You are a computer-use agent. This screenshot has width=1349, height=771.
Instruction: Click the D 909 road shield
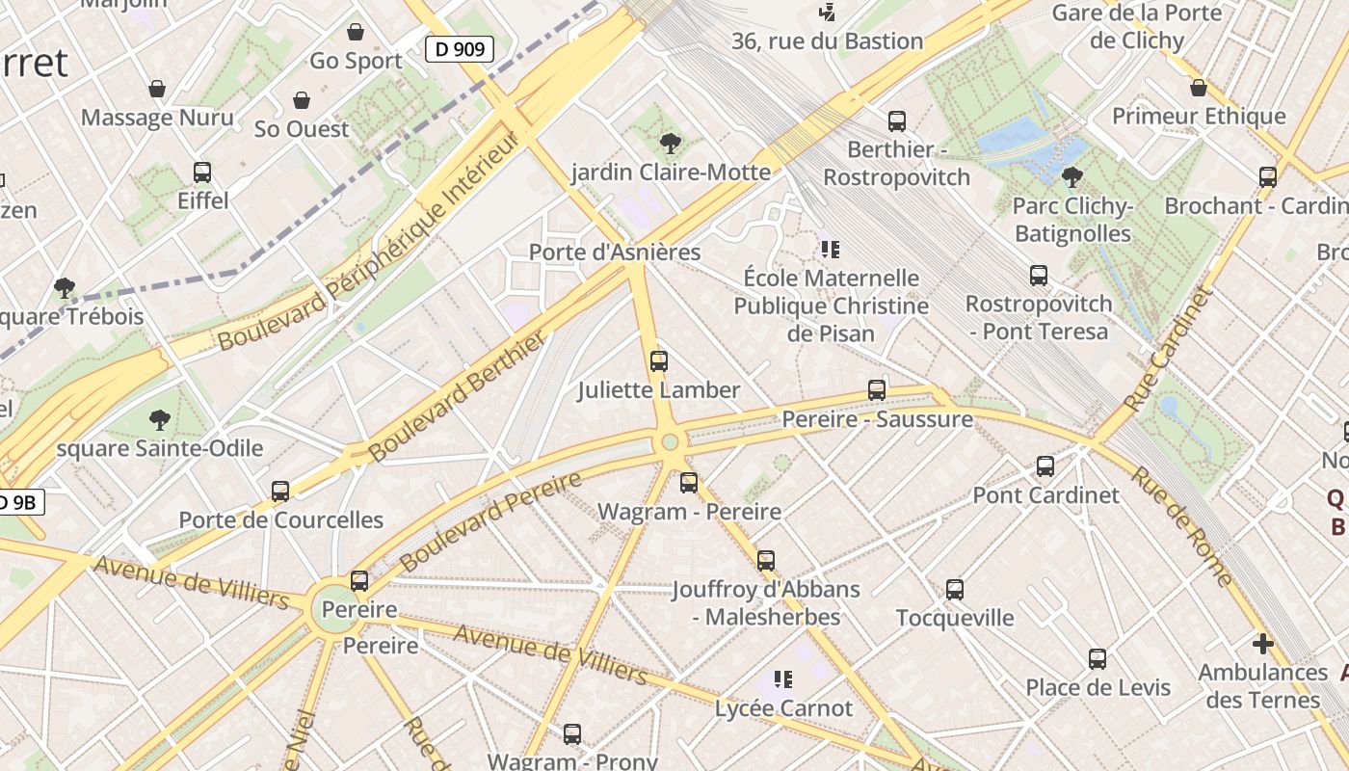460,49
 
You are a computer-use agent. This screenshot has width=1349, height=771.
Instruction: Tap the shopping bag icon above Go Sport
356,32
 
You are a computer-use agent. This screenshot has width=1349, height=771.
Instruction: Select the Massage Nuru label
157,118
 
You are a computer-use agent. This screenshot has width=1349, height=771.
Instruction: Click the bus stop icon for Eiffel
202,173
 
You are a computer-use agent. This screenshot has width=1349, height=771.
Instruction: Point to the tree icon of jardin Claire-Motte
670,144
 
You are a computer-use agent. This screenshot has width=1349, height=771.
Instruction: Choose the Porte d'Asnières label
615,253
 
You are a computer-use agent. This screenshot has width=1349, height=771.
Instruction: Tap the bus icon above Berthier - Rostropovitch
897,121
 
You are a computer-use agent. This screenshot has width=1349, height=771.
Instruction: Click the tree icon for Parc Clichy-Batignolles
1071,177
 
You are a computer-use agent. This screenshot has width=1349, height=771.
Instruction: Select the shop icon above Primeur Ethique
1199,89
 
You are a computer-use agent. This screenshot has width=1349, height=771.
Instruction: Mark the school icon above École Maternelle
831,250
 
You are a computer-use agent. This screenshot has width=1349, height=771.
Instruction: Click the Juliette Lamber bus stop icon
659,361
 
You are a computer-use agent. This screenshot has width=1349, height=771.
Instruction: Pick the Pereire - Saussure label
877,419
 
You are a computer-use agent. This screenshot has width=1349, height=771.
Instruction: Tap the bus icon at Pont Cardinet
1045,466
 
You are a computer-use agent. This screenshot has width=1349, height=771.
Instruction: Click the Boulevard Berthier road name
458,396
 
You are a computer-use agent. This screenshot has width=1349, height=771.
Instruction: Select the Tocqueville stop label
955,618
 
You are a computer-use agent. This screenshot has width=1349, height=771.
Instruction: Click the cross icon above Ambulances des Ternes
1263,644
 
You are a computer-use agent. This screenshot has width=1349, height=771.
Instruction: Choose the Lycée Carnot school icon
783,679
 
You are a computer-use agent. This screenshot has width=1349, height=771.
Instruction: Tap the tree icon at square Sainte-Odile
160,420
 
